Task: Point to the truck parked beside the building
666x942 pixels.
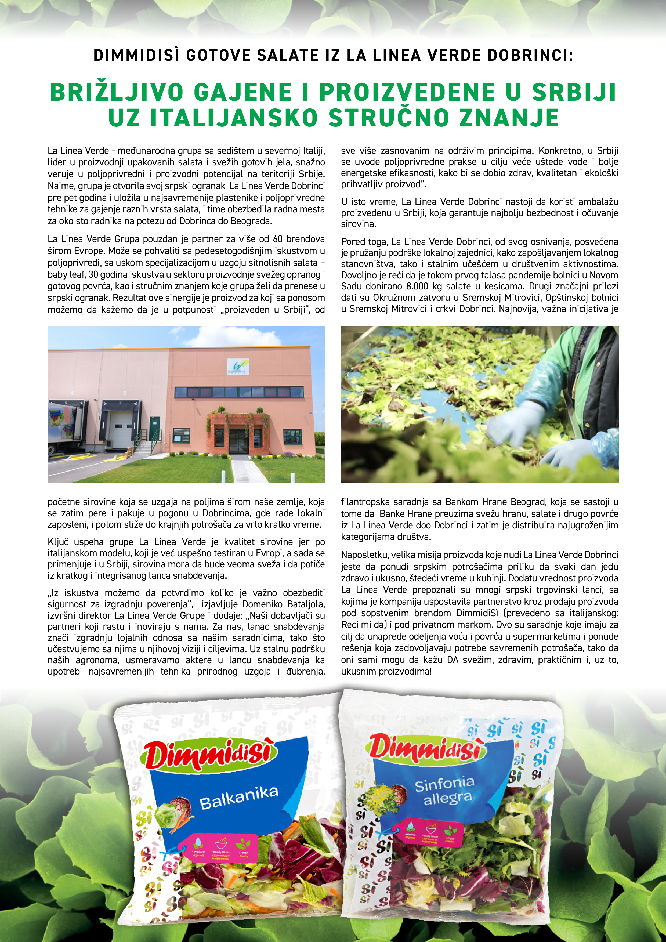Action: [66, 427]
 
